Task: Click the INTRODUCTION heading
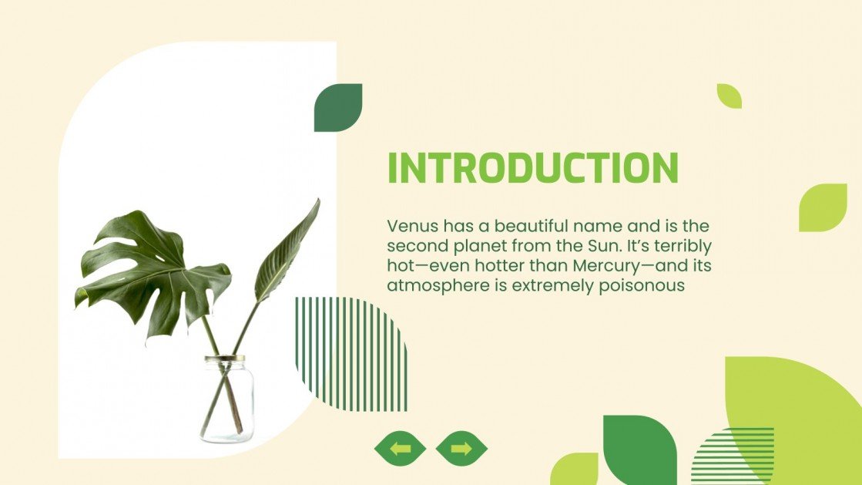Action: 532,168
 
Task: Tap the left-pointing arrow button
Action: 400,448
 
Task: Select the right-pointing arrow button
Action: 461,448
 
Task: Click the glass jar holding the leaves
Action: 227,401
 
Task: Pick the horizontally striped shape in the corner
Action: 733,455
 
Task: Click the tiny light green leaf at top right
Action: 728,96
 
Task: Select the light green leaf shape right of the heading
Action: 822,207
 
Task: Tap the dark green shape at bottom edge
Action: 639,450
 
